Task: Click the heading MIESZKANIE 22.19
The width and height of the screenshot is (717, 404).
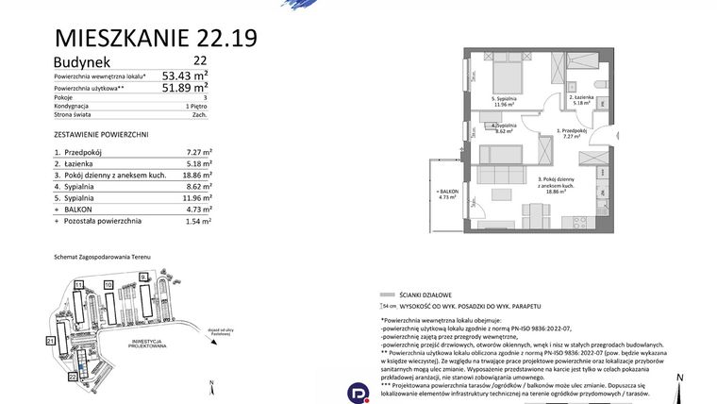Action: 156,38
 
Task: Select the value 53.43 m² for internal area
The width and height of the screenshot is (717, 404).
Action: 185,75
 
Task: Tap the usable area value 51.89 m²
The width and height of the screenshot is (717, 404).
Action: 185,88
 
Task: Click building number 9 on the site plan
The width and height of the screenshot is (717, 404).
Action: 142,277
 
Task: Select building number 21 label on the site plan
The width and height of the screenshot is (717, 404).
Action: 50,339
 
